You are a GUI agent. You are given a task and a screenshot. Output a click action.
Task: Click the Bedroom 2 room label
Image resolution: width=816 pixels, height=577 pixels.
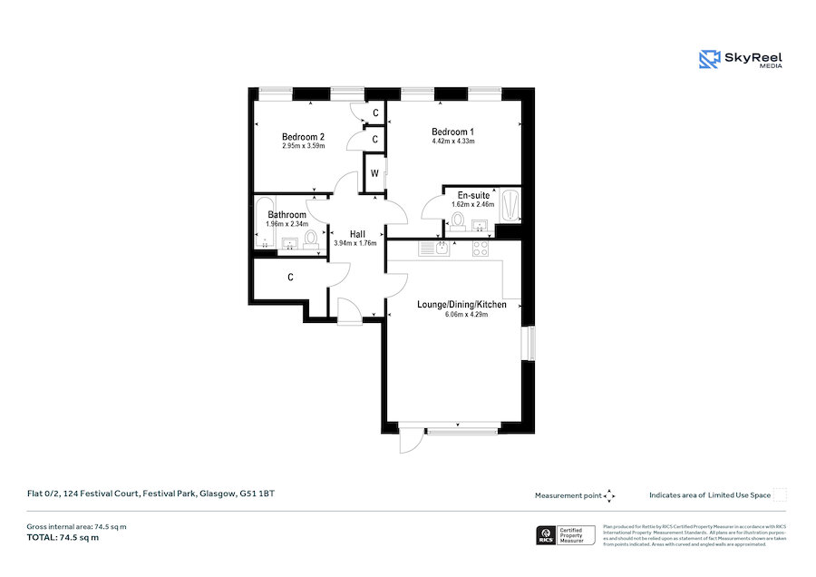click(x=303, y=137)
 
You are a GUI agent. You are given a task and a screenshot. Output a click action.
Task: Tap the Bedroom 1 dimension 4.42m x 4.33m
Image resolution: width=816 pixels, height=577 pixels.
click(x=452, y=142)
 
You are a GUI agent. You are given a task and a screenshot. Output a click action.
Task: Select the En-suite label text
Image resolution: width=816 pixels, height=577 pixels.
click(x=473, y=195)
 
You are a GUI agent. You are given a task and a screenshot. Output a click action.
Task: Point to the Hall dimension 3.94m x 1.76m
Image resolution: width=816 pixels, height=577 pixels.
click(x=355, y=243)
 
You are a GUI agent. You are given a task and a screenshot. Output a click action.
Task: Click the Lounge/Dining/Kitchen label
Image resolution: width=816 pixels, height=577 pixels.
click(x=461, y=304)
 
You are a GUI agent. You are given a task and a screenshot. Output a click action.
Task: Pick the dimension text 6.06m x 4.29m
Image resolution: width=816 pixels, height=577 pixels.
click(x=461, y=315)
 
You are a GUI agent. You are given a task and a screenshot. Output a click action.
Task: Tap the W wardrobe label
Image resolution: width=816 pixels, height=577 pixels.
click(x=374, y=173)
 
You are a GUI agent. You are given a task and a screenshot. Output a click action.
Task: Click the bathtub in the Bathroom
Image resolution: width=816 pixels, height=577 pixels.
click(x=265, y=222)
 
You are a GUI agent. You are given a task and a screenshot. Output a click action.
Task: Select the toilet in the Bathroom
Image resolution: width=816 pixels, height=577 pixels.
click(x=311, y=239)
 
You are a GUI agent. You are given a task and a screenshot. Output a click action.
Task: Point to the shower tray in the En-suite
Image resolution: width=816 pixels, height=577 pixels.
click(x=510, y=205)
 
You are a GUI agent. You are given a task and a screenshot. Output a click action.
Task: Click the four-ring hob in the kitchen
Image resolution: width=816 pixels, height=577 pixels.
click(x=480, y=248)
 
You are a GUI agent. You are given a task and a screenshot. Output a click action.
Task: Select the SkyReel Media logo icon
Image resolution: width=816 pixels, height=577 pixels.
click(x=708, y=60)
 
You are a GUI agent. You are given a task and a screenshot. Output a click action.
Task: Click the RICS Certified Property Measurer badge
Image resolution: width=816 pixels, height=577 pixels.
click(x=566, y=535)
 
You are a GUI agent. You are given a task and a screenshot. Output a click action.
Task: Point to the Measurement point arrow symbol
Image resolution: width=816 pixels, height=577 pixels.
click(x=609, y=495)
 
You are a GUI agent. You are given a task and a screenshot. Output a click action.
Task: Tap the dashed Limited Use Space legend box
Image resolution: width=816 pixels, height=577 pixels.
click(x=780, y=494)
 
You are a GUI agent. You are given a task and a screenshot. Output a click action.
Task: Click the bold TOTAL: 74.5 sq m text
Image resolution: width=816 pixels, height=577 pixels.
click(x=63, y=538)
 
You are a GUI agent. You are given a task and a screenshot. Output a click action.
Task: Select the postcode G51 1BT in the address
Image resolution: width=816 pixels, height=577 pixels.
click(x=257, y=494)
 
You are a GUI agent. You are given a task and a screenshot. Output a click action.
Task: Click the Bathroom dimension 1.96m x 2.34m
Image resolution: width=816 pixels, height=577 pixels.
click(x=287, y=224)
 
